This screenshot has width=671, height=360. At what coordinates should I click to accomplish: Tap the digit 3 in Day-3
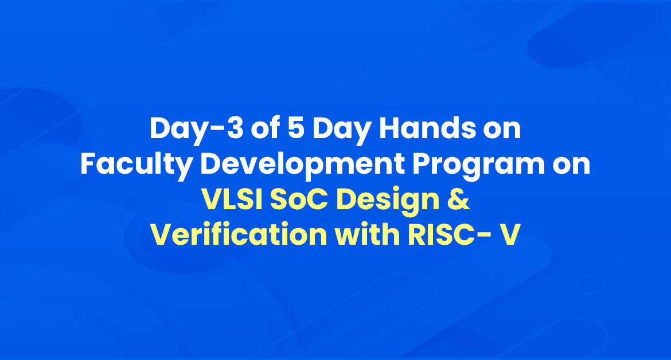pos(235,128)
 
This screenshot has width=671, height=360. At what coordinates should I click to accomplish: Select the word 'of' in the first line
pos(266,127)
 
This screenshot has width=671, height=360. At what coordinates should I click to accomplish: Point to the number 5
pos(296,128)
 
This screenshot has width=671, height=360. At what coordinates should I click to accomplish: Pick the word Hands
pos(427,127)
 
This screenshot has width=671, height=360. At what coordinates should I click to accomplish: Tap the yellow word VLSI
pos(232,199)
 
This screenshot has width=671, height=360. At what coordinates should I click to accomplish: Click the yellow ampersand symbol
pos(459,199)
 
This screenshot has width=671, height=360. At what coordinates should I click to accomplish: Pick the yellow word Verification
pos(239,234)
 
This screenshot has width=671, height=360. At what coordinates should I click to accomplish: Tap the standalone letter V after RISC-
pos(510,235)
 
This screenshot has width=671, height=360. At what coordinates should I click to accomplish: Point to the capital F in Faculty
pos(88,164)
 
